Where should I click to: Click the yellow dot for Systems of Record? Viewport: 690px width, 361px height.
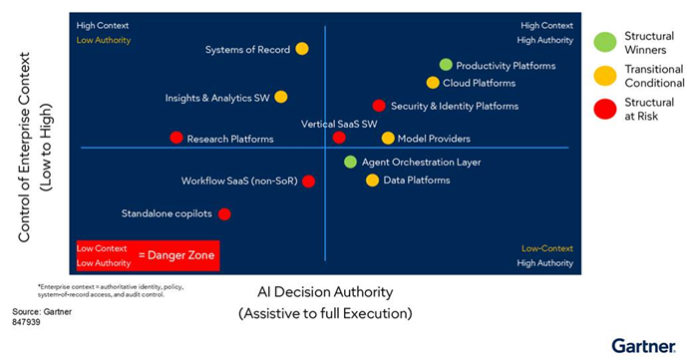[x=302, y=49]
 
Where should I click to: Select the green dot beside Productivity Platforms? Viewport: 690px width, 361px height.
[x=446, y=65]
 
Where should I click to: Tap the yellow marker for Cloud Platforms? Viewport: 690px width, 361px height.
[x=433, y=83]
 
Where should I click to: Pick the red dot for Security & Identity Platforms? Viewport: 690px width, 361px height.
[x=379, y=106]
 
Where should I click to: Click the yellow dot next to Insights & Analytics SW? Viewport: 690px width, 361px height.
[x=281, y=97]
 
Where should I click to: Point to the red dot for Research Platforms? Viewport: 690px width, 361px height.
[x=176, y=138]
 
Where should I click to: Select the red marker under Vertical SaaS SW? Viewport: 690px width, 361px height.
[x=339, y=138]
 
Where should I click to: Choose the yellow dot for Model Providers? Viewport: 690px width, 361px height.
[x=388, y=138]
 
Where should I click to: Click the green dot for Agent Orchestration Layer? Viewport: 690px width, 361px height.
[x=350, y=162]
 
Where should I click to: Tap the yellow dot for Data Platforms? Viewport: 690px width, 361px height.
[x=372, y=180]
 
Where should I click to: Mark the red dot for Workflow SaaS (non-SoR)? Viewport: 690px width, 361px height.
[x=308, y=180]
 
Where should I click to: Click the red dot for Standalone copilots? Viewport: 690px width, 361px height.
[x=224, y=213]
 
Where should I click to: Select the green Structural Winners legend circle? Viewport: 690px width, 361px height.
[x=603, y=42]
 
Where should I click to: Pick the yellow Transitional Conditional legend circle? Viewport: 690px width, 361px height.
[x=603, y=75]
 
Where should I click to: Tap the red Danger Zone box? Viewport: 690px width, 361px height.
[x=147, y=255]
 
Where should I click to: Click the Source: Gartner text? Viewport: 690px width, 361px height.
[x=36, y=312]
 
